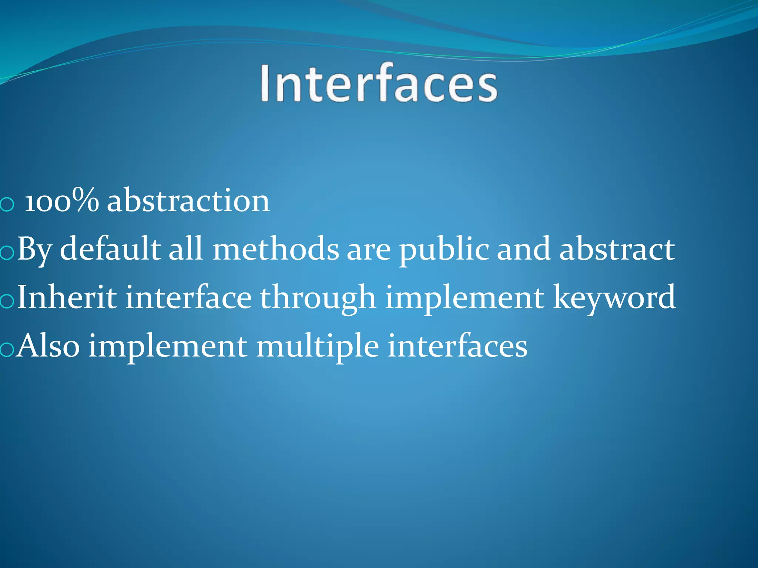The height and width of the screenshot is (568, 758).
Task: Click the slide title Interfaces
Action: pos(379,83)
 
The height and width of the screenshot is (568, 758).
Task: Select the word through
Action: pos(318,298)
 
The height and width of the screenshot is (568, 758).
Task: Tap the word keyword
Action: pos(614,298)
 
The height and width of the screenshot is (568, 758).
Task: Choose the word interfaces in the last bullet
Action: pos(457,346)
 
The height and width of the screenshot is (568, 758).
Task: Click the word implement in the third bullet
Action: pos(464,298)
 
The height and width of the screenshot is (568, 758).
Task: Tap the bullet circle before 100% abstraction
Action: pos(7,204)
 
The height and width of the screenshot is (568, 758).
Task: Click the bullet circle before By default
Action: pos(7,253)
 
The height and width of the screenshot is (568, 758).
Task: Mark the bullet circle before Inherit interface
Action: pos(7,301)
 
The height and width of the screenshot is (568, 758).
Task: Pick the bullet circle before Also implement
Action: pos(7,350)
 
